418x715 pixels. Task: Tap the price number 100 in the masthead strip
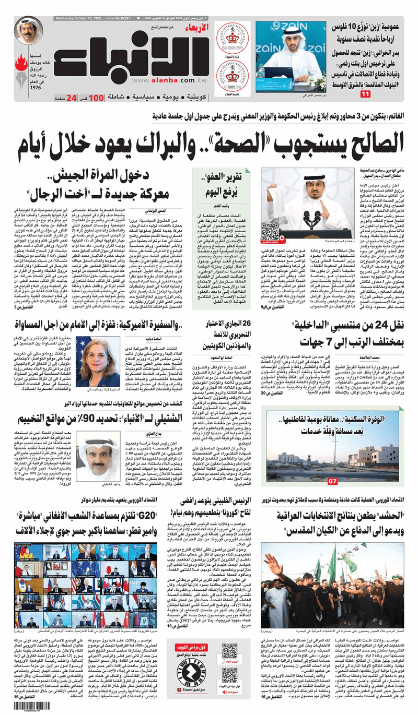96,98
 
